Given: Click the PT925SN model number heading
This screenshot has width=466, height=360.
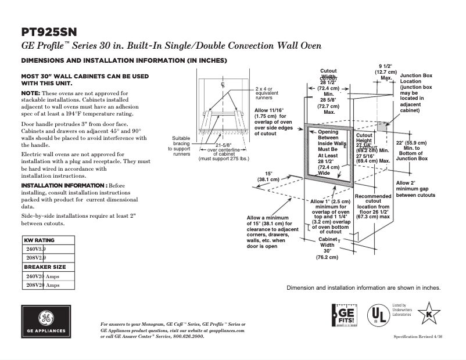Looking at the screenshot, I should coord(49,31).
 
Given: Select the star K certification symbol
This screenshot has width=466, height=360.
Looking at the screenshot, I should coord(429,314).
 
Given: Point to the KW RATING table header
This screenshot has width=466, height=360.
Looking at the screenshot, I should coord(39,240).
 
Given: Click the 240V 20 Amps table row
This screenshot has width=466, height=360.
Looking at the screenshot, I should coord(43,276).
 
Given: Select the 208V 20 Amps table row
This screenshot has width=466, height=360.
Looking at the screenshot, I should coord(43,285).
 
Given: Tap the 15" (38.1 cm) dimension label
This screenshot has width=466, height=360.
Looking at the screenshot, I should coord(268,176).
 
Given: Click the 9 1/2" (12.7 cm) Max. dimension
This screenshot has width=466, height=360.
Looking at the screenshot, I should coord(385,72).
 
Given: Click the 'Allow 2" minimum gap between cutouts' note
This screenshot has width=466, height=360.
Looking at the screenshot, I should coord(415,189).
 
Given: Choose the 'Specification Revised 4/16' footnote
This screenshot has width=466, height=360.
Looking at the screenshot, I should coord(417,337).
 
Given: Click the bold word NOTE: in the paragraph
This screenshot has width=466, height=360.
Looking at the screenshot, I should coord(30,93).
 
